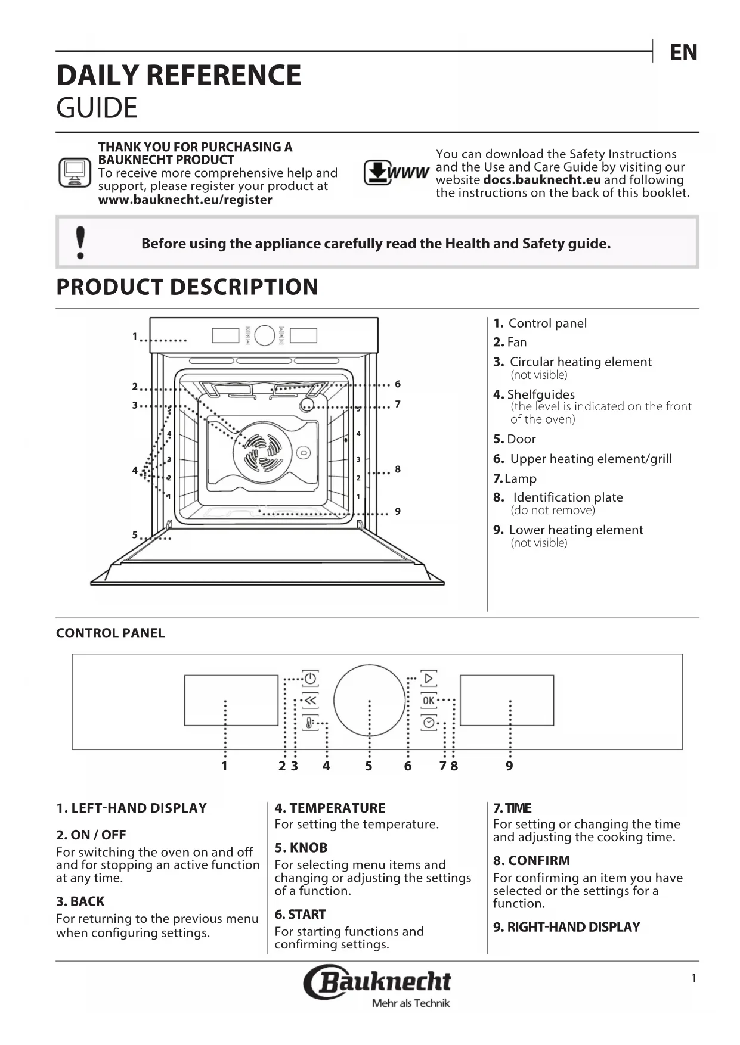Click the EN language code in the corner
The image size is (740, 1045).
tap(683, 52)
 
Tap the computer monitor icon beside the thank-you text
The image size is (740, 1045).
tap(75, 173)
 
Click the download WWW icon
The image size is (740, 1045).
tap(396, 173)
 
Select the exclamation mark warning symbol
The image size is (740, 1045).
tap(80, 242)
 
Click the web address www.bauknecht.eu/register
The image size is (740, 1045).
tap(185, 200)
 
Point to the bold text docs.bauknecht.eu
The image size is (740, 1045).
tap(541, 180)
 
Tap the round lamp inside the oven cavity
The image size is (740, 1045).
tap(306, 405)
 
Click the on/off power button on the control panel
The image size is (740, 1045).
tap(310, 679)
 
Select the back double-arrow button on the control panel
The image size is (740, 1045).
tap(310, 701)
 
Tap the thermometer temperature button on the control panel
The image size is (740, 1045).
tap(310, 723)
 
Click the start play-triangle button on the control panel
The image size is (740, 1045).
tap(428, 679)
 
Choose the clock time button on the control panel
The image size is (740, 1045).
tap(428, 723)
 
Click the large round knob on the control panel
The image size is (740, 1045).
tap(369, 700)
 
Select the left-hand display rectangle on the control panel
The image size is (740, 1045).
tap(231, 700)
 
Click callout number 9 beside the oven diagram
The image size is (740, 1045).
tap(398, 511)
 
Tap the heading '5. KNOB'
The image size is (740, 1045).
tap(301, 847)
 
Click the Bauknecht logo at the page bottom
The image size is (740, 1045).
tap(377, 981)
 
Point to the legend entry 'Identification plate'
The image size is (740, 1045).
tap(567, 497)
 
